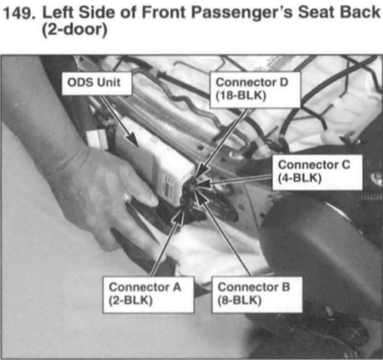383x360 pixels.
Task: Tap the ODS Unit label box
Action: (97, 83)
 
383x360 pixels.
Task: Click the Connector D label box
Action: (255, 90)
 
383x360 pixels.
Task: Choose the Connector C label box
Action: (317, 172)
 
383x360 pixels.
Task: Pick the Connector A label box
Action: (148, 294)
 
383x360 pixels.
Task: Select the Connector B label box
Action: (257, 294)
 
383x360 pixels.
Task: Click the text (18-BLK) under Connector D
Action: (240, 96)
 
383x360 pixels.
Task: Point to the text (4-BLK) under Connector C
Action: (299, 178)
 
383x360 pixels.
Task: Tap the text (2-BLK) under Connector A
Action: (131, 300)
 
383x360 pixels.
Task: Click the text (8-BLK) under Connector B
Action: (240, 300)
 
